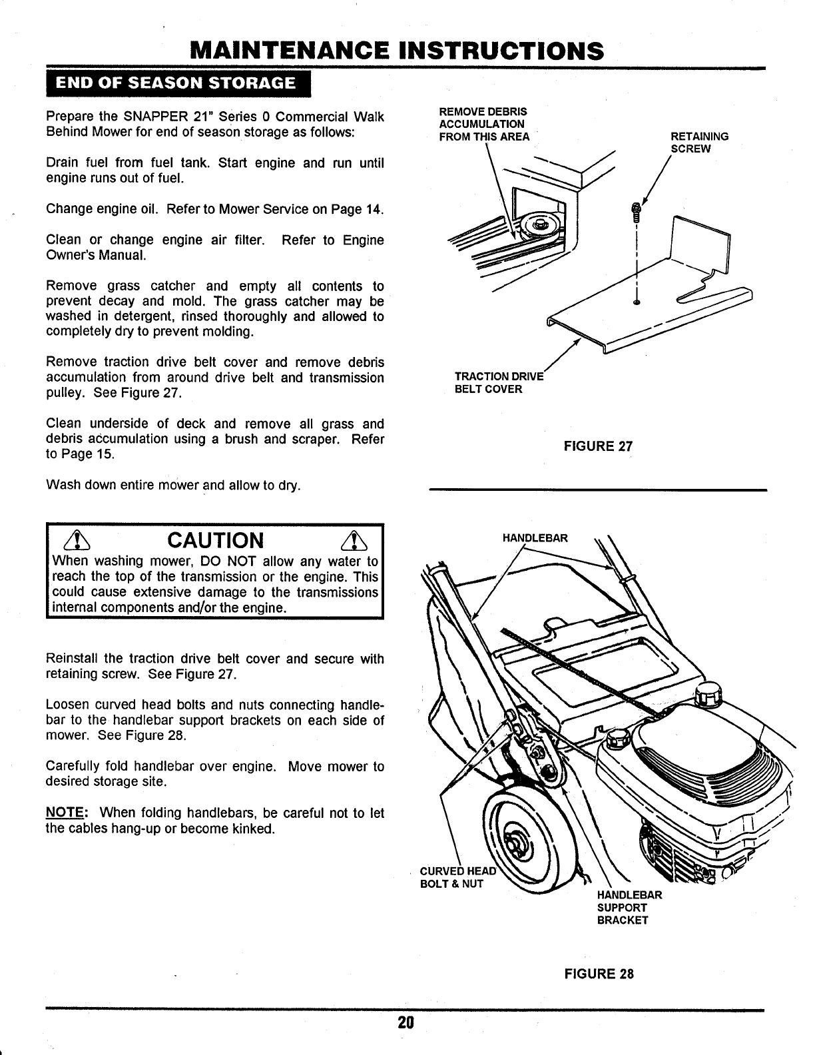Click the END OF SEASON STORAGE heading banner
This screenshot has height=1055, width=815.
176,83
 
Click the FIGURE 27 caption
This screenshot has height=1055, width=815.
598,446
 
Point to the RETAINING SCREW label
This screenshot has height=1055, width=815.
699,143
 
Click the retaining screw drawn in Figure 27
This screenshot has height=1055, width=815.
636,212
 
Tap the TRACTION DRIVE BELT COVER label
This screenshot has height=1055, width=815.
499,383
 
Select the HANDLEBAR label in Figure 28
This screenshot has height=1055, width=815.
535,537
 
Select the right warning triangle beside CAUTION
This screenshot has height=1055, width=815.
350,539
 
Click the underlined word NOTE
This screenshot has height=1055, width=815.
62,813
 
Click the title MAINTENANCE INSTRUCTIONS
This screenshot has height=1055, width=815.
397,51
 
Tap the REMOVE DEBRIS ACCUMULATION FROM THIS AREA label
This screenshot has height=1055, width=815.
484,124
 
